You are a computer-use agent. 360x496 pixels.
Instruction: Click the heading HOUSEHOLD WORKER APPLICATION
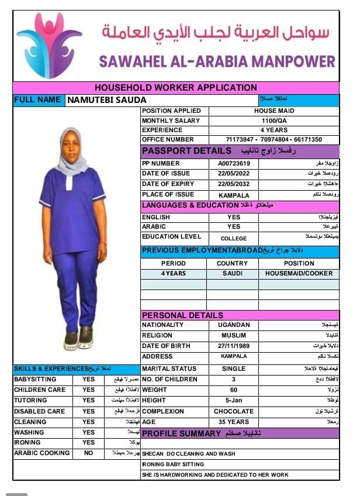coord(175,88)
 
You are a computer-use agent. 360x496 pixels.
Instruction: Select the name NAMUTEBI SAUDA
coord(106,100)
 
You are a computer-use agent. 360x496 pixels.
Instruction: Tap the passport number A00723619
coord(233,164)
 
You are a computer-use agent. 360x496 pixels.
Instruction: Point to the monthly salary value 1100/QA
coord(274,120)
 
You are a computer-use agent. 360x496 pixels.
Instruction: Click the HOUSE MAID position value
coord(274,111)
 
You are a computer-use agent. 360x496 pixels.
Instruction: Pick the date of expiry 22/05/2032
coord(233,184)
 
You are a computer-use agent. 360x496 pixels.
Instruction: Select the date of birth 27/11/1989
coord(233,346)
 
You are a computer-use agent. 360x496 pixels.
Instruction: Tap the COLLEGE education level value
coord(233,239)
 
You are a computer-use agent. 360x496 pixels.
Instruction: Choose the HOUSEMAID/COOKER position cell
coord(299,273)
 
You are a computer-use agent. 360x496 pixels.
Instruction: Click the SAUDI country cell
coord(233,273)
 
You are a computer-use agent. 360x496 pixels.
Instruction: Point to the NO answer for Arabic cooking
coord(88,453)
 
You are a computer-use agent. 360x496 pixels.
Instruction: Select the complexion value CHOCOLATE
coord(233,411)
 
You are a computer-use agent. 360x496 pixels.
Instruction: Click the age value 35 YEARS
coord(233,422)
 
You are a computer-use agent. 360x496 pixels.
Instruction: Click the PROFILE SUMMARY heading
coord(182,433)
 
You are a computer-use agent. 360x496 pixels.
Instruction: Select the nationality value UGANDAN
coord(233,325)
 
